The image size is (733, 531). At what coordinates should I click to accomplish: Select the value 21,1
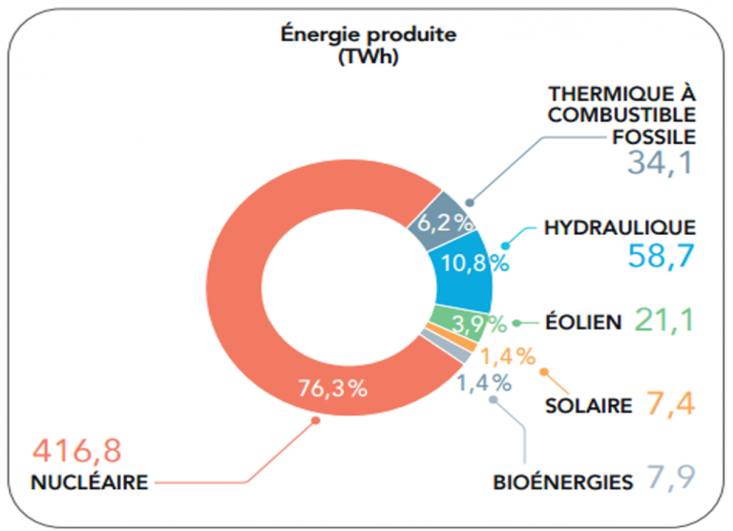[665, 320]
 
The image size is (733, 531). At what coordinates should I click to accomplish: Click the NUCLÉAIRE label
[90, 482]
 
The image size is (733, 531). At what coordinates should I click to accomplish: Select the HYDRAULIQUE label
[619, 227]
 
